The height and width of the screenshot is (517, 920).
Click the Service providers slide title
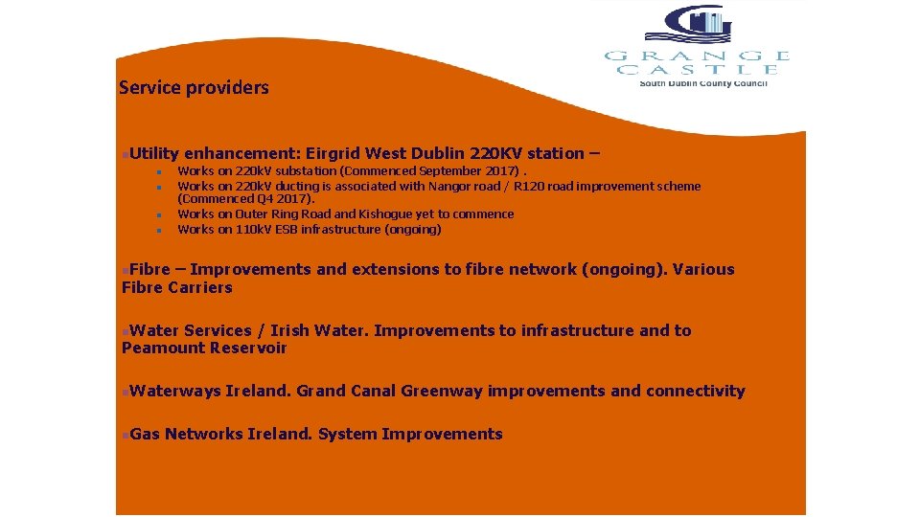pyautogui.click(x=194, y=88)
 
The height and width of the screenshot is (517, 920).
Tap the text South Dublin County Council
pyautogui.click(x=703, y=83)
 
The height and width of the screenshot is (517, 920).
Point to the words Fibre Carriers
pyautogui.click(x=177, y=287)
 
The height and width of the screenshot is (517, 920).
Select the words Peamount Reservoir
pyautogui.click(x=204, y=348)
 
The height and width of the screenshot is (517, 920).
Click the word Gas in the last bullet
pyautogui.click(x=146, y=434)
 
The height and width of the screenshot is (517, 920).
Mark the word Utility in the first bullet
pyautogui.click(x=155, y=153)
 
